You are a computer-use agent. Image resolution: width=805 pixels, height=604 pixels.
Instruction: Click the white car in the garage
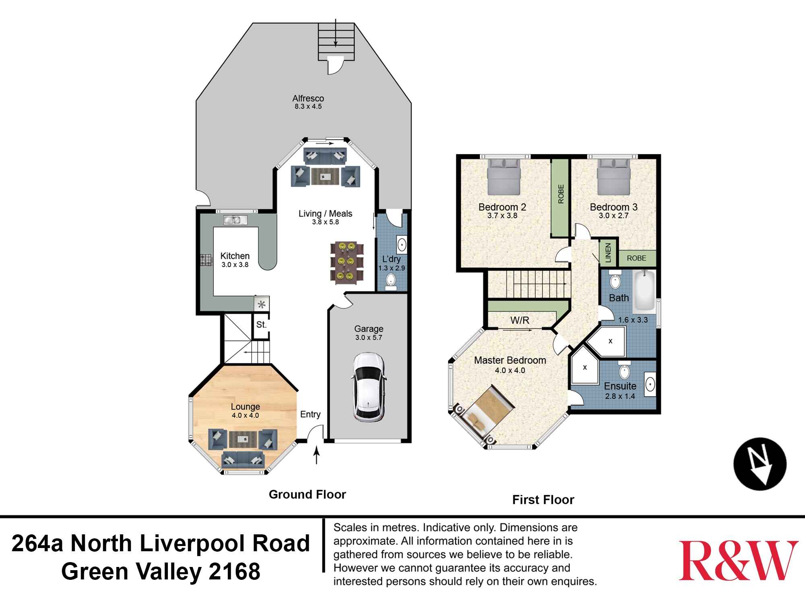click(368, 387)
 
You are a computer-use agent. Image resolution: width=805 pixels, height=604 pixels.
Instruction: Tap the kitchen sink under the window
click(232, 220)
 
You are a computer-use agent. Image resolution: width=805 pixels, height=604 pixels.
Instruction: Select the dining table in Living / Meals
click(345, 263)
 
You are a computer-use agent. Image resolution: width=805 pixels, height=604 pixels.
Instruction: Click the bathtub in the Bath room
click(644, 292)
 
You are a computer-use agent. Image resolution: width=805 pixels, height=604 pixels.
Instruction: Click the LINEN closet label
click(608, 253)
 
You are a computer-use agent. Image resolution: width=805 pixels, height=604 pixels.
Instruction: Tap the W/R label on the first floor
click(520, 321)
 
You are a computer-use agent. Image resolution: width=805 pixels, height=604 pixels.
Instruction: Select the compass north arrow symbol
click(760, 464)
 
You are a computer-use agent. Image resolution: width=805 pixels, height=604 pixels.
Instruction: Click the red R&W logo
click(738, 560)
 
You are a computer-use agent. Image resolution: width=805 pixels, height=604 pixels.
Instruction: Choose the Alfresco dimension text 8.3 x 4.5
click(308, 107)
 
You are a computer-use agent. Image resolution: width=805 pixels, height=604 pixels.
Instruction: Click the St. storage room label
click(261, 325)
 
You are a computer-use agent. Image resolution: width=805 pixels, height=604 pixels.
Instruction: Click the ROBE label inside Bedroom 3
click(636, 258)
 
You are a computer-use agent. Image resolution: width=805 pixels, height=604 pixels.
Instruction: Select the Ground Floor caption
click(307, 494)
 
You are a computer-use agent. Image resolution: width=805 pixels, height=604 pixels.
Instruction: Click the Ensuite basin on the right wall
click(650, 385)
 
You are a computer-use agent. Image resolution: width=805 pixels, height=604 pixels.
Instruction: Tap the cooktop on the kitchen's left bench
click(206, 260)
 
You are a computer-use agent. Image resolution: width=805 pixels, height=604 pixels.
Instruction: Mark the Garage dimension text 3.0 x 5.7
click(369, 338)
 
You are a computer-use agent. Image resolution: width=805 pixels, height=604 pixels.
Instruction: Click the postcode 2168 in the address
click(234, 571)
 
